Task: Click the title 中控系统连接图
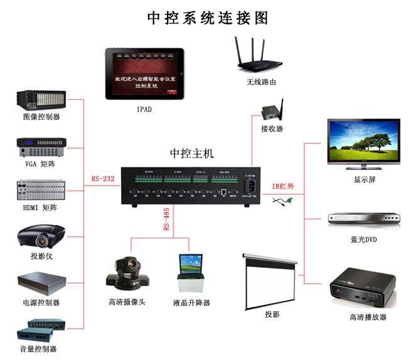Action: pyautogui.click(x=207, y=18)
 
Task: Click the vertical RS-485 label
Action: pyautogui.click(x=166, y=219)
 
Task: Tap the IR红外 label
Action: pyautogui.click(x=284, y=186)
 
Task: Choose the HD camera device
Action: pyautogui.click(x=127, y=273)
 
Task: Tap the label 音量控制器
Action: pyautogui.click(x=41, y=349)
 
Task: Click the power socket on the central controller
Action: pyautogui.click(x=252, y=186)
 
